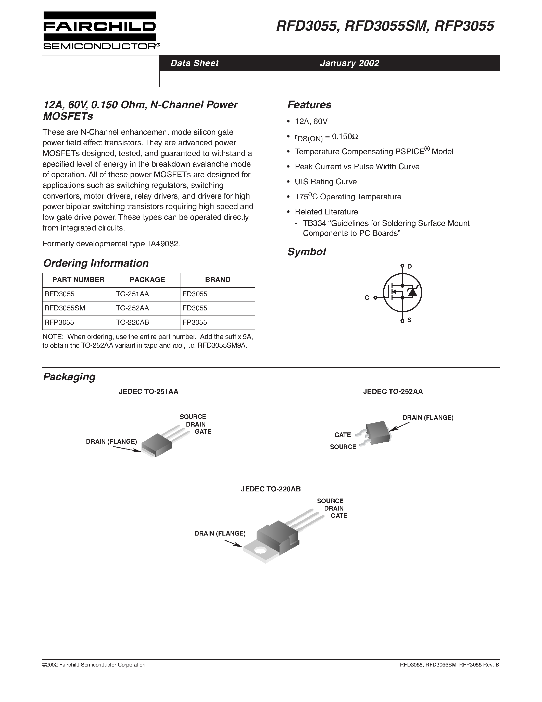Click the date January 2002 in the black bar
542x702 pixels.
tap(349, 63)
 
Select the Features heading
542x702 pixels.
tap(309, 105)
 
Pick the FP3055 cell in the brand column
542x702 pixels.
tap(195, 322)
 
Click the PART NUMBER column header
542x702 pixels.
tap(78, 280)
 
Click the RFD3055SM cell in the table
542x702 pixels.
tap(65, 308)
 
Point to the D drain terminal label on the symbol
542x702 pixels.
tap(409, 266)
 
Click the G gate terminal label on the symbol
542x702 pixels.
tap(367, 298)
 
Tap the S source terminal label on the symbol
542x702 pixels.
tap(409, 320)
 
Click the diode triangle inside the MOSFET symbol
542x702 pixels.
tap(412, 292)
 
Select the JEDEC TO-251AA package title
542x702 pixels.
tap(148, 392)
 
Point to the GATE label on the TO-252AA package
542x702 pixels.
tap(342, 435)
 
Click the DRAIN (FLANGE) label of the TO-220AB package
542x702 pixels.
tap(220, 534)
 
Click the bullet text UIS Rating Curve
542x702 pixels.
tap(326, 181)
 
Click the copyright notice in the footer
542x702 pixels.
tap(94, 665)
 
